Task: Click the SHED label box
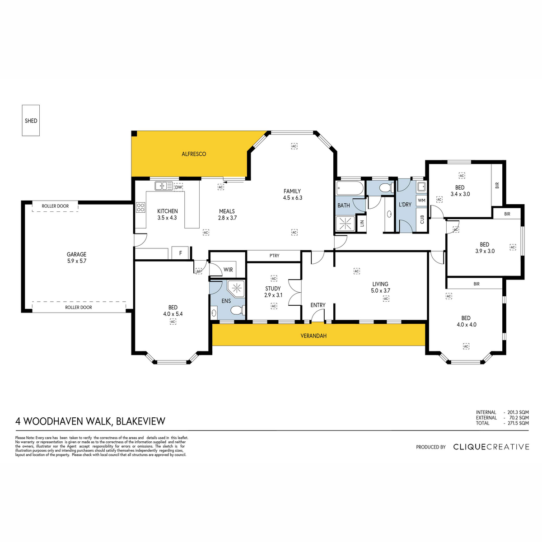pyautogui.click(x=31, y=121)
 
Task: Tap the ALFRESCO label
pyautogui.click(x=194, y=154)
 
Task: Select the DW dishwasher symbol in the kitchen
pyautogui.click(x=178, y=187)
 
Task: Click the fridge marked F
pyautogui.click(x=180, y=253)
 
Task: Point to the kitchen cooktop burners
pyautogui.click(x=140, y=208)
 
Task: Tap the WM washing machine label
pyautogui.click(x=421, y=200)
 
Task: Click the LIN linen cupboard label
pyautogui.click(x=362, y=223)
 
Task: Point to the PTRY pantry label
pyautogui.click(x=274, y=255)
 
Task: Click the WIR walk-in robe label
pyautogui.click(x=228, y=270)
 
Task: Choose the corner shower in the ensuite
pyautogui.click(x=236, y=288)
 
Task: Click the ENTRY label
pyautogui.click(x=318, y=305)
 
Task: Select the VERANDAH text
pyautogui.click(x=313, y=336)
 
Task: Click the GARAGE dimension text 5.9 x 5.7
pyautogui.click(x=76, y=261)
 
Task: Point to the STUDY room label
pyautogui.click(x=273, y=289)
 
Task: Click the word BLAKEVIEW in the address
pyautogui.click(x=140, y=421)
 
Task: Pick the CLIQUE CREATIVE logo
pyautogui.click(x=491, y=447)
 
